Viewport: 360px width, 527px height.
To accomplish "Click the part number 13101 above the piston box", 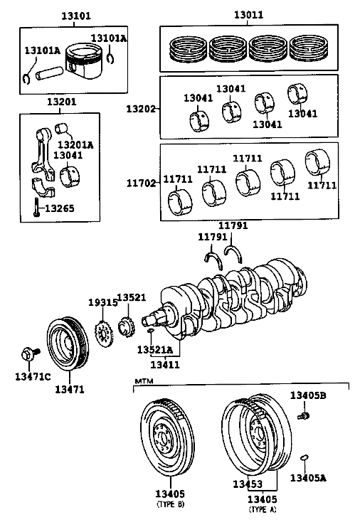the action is pos(76,16).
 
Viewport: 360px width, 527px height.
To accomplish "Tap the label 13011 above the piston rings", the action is pos(249,15).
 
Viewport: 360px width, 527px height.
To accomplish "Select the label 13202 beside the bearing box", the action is pos(141,109).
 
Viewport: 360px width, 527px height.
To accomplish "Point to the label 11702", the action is pos(141,183).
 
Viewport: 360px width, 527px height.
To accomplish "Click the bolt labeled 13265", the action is pos(36,207).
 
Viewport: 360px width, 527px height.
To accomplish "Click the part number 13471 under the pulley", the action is pos(70,389).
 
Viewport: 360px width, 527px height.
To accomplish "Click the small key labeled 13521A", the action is pos(150,331).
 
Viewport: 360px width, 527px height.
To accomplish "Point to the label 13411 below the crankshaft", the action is pos(165,364).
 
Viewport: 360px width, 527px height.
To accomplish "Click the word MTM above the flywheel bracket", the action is pos(144,381).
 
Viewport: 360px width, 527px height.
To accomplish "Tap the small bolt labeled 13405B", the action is pos(303,416).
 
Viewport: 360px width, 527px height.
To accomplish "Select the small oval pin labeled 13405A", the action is pos(305,457).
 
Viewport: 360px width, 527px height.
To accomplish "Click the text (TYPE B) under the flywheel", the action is pos(171,504).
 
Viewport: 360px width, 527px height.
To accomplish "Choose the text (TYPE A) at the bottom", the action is pos(263,509).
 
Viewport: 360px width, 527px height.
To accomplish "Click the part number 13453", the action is pos(248,484).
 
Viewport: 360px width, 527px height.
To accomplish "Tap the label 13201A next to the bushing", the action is pos(75,145).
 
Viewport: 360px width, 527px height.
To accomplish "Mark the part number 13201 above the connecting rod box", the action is pos(61,102).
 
